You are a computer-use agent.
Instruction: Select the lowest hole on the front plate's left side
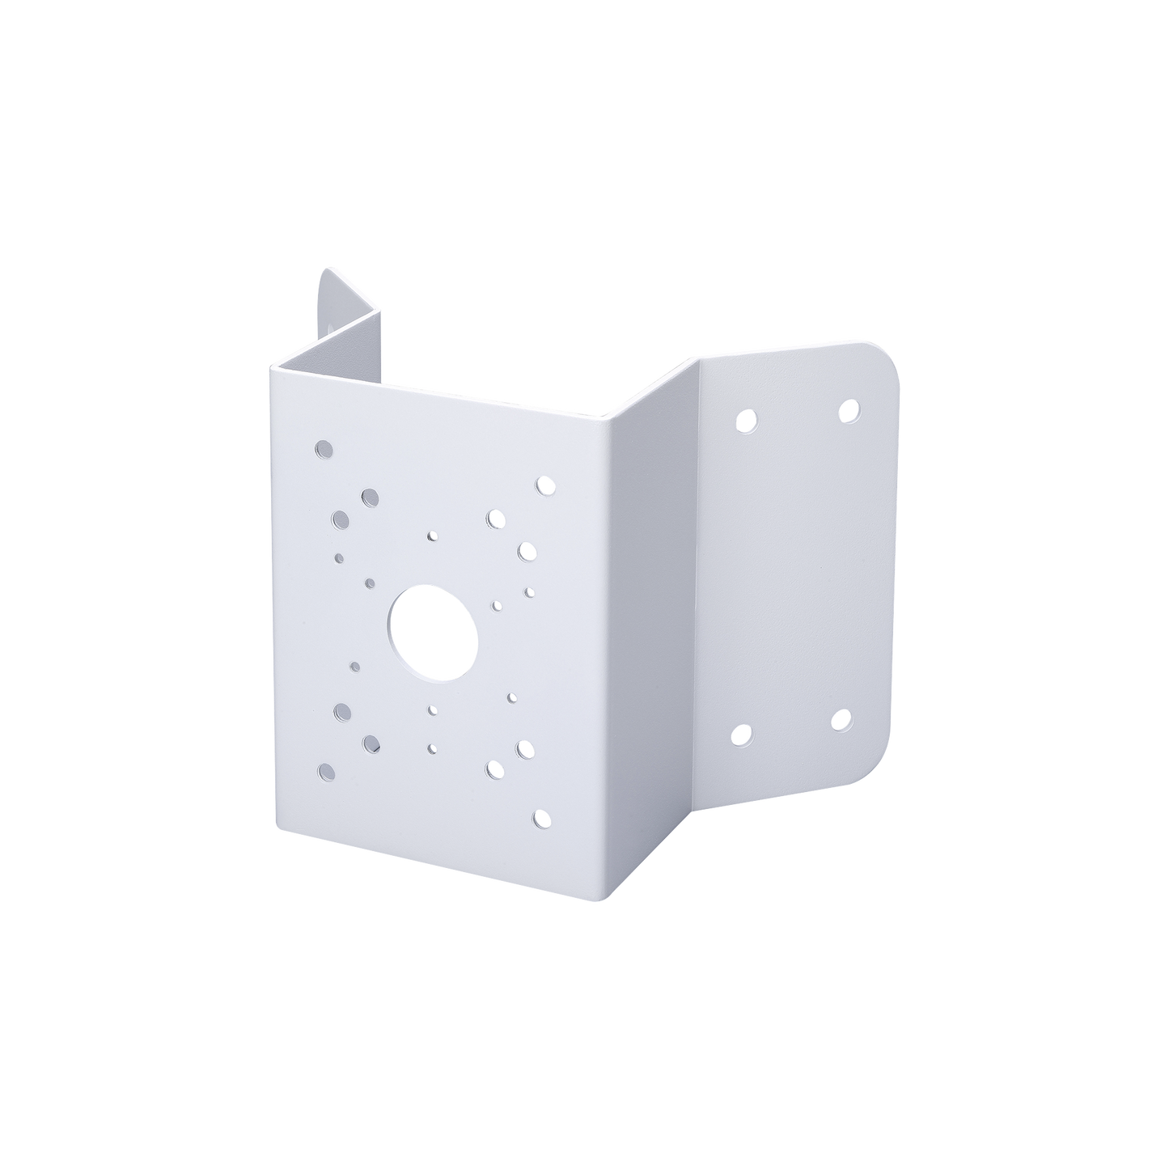(326, 770)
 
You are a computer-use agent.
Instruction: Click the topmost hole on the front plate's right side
(544, 485)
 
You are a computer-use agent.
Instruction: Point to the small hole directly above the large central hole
(432, 536)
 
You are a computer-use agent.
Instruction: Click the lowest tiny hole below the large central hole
(432, 748)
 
